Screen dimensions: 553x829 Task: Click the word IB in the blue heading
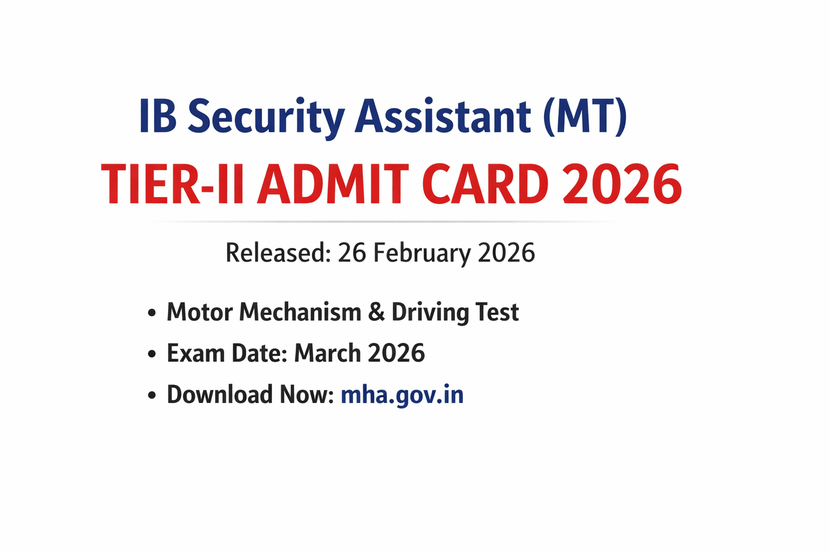(158, 117)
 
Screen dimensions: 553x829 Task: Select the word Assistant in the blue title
(443, 117)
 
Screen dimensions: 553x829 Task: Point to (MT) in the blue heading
(585, 117)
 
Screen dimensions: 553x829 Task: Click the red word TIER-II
(172, 185)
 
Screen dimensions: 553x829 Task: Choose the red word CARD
(485, 185)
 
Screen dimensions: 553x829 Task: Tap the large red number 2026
(622, 185)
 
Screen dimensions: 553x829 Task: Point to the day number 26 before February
(352, 253)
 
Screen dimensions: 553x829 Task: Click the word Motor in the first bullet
(199, 312)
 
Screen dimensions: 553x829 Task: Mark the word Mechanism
(301, 312)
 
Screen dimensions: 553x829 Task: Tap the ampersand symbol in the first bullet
(376, 313)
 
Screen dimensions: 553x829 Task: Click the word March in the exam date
(327, 353)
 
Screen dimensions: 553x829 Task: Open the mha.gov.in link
(402, 395)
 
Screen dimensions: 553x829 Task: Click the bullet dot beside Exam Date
(152, 354)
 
